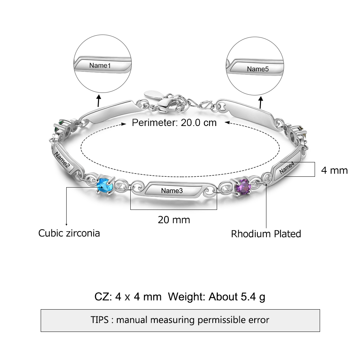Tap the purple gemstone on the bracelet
tap(243, 187)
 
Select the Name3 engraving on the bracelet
tap(172, 190)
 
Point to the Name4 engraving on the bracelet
tap(287, 168)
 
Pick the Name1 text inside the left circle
tap(100, 66)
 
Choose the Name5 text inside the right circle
tap(258, 69)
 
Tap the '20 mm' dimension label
tap(174, 219)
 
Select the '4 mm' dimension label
tap(334, 170)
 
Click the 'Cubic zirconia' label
tap(69, 233)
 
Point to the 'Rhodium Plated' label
tap(266, 234)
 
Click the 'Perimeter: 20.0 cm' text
tap(174, 123)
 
